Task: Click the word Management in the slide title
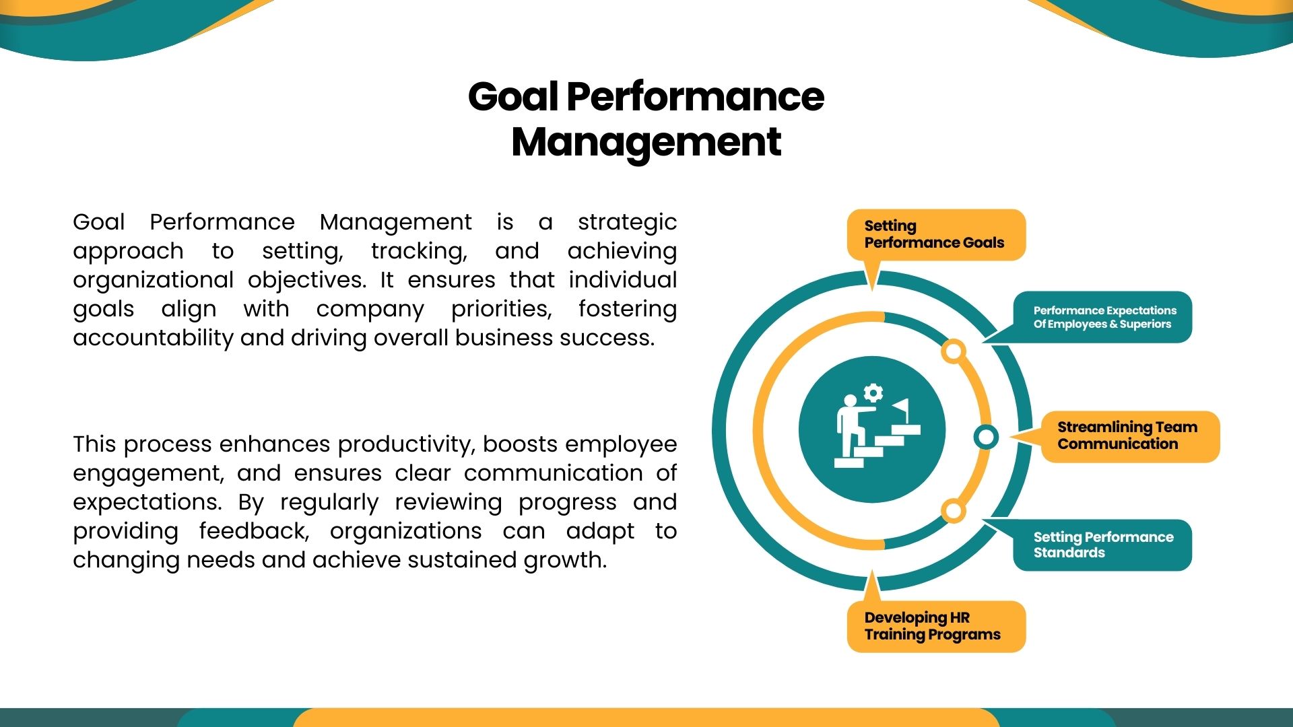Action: point(646,143)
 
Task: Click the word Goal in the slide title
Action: point(513,96)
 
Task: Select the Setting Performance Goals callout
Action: point(935,236)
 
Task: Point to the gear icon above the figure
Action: point(873,393)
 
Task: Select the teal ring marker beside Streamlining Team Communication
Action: point(986,437)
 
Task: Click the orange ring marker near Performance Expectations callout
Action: point(954,351)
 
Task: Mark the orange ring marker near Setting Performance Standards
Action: point(953,511)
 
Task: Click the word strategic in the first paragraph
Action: point(627,223)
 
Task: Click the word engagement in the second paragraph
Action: point(148,474)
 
